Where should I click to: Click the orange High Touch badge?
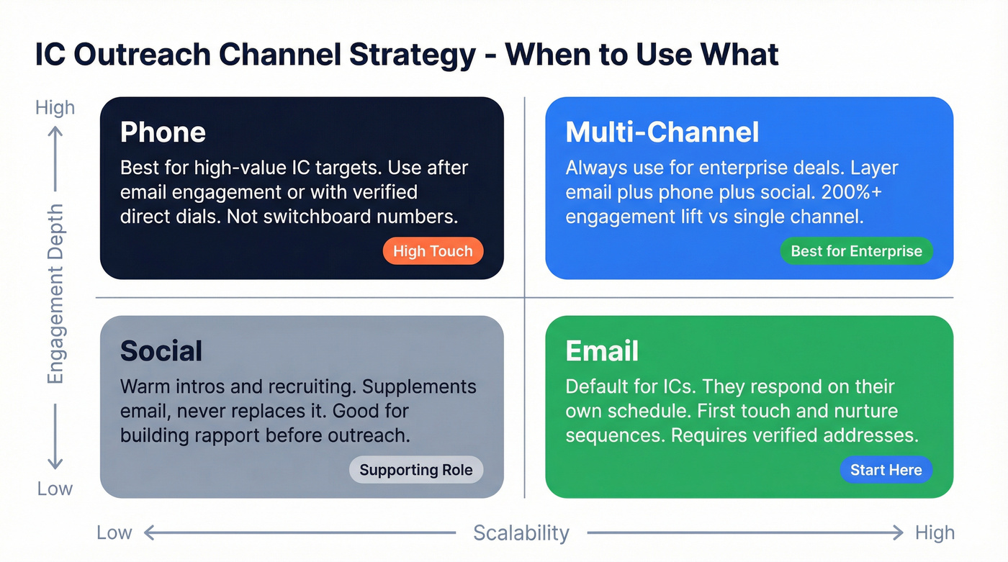pyautogui.click(x=433, y=251)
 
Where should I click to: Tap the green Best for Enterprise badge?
pyautogui.click(x=856, y=251)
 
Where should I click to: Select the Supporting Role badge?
pyautogui.click(x=416, y=470)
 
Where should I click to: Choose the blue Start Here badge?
pyautogui.click(x=886, y=470)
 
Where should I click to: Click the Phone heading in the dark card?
pyautogui.click(x=163, y=132)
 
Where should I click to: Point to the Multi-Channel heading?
pyautogui.click(x=662, y=132)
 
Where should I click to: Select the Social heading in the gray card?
pyautogui.click(x=161, y=351)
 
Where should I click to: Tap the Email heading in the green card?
pyautogui.click(x=602, y=351)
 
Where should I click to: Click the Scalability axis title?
pyautogui.click(x=521, y=533)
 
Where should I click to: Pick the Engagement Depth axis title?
pyautogui.click(x=55, y=294)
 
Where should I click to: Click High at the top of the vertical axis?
pyautogui.click(x=55, y=108)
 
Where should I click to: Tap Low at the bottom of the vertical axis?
pyautogui.click(x=55, y=489)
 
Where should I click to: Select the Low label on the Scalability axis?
pyautogui.click(x=114, y=533)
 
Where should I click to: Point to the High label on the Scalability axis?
pyautogui.click(x=935, y=533)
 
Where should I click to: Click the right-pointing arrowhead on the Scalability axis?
pyautogui.click(x=898, y=533)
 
